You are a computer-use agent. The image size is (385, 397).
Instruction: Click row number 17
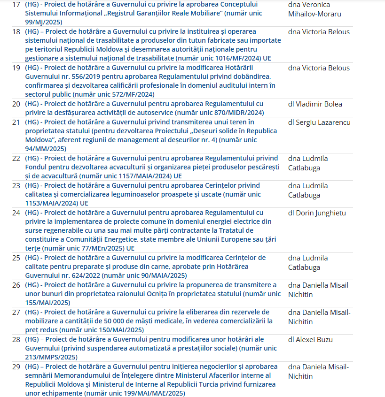16,5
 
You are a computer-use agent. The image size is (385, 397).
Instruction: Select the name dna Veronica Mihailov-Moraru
314,9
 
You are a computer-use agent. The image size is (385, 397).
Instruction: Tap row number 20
16,104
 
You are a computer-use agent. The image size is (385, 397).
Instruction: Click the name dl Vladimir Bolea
315,104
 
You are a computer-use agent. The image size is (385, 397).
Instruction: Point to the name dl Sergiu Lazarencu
319,122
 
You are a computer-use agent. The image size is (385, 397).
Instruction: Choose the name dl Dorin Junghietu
317,213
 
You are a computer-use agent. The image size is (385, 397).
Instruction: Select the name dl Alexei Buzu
311,339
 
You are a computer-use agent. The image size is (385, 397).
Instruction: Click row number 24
16,213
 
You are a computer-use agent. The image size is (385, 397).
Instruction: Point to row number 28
16,339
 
